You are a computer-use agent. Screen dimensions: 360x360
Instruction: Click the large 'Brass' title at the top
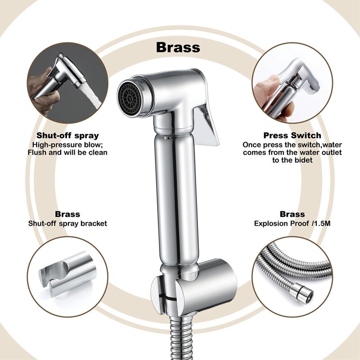(178, 47)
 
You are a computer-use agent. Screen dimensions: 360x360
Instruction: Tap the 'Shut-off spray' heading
(67, 135)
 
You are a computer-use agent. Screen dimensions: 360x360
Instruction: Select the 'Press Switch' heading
(292, 135)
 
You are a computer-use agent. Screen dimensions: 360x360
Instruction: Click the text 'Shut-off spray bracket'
(67, 223)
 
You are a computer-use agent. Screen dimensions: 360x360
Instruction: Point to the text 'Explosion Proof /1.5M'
(292, 223)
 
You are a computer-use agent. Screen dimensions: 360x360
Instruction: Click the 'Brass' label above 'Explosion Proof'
(292, 214)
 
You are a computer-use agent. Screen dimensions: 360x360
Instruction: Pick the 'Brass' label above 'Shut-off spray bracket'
(67, 214)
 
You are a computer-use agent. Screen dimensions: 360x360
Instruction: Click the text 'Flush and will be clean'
(67, 153)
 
